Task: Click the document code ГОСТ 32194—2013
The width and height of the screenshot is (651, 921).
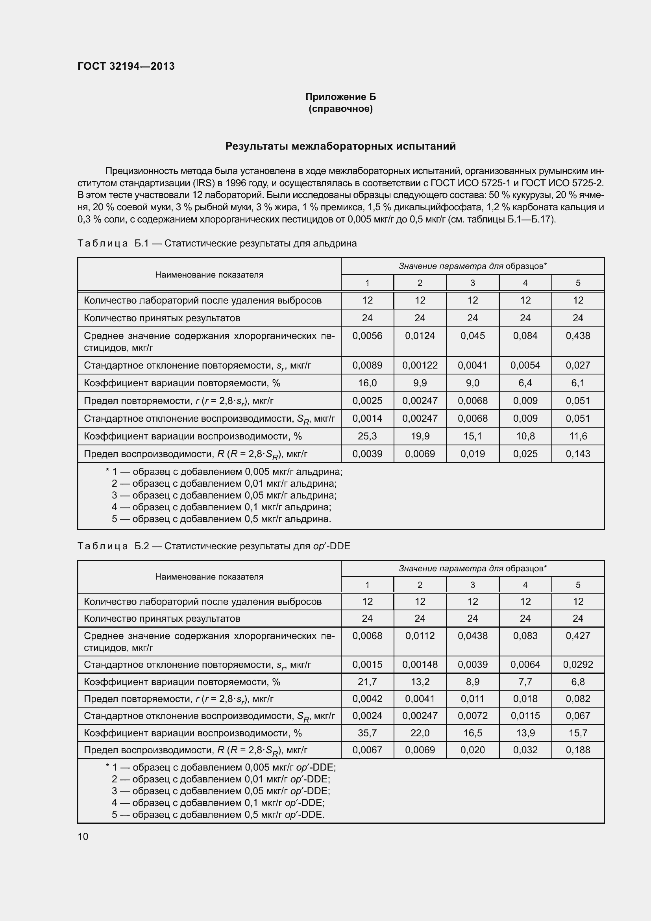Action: coord(126,66)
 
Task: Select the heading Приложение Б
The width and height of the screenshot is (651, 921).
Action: coord(340,97)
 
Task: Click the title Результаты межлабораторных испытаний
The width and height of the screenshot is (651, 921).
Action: coord(340,146)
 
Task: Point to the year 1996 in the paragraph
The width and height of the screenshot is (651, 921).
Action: coord(235,183)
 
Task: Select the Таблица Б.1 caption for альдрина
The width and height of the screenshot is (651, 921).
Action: coord(217,243)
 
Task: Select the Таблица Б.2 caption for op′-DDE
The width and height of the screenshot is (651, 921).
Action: coord(214,546)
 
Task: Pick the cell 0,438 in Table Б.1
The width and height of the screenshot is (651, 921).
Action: coord(578,336)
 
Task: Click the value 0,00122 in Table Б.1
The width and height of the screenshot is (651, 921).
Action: coord(420,365)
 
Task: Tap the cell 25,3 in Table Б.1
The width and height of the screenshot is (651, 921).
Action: coord(367,436)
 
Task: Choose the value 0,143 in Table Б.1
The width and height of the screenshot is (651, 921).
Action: coord(578,454)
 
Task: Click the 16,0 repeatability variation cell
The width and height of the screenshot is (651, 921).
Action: coord(367,383)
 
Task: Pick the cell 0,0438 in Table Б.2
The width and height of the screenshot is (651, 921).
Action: coord(473,636)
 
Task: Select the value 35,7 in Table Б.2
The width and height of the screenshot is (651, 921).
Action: coord(367,733)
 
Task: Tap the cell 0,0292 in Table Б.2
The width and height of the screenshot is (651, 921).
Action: coord(578,664)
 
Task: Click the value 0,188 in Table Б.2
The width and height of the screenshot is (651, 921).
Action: coord(578,750)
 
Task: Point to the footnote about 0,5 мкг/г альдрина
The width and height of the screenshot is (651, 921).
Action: coord(221,519)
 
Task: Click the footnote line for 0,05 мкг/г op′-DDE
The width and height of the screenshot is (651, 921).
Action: coord(220,791)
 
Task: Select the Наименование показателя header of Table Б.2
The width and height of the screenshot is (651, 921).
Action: coord(209,576)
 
